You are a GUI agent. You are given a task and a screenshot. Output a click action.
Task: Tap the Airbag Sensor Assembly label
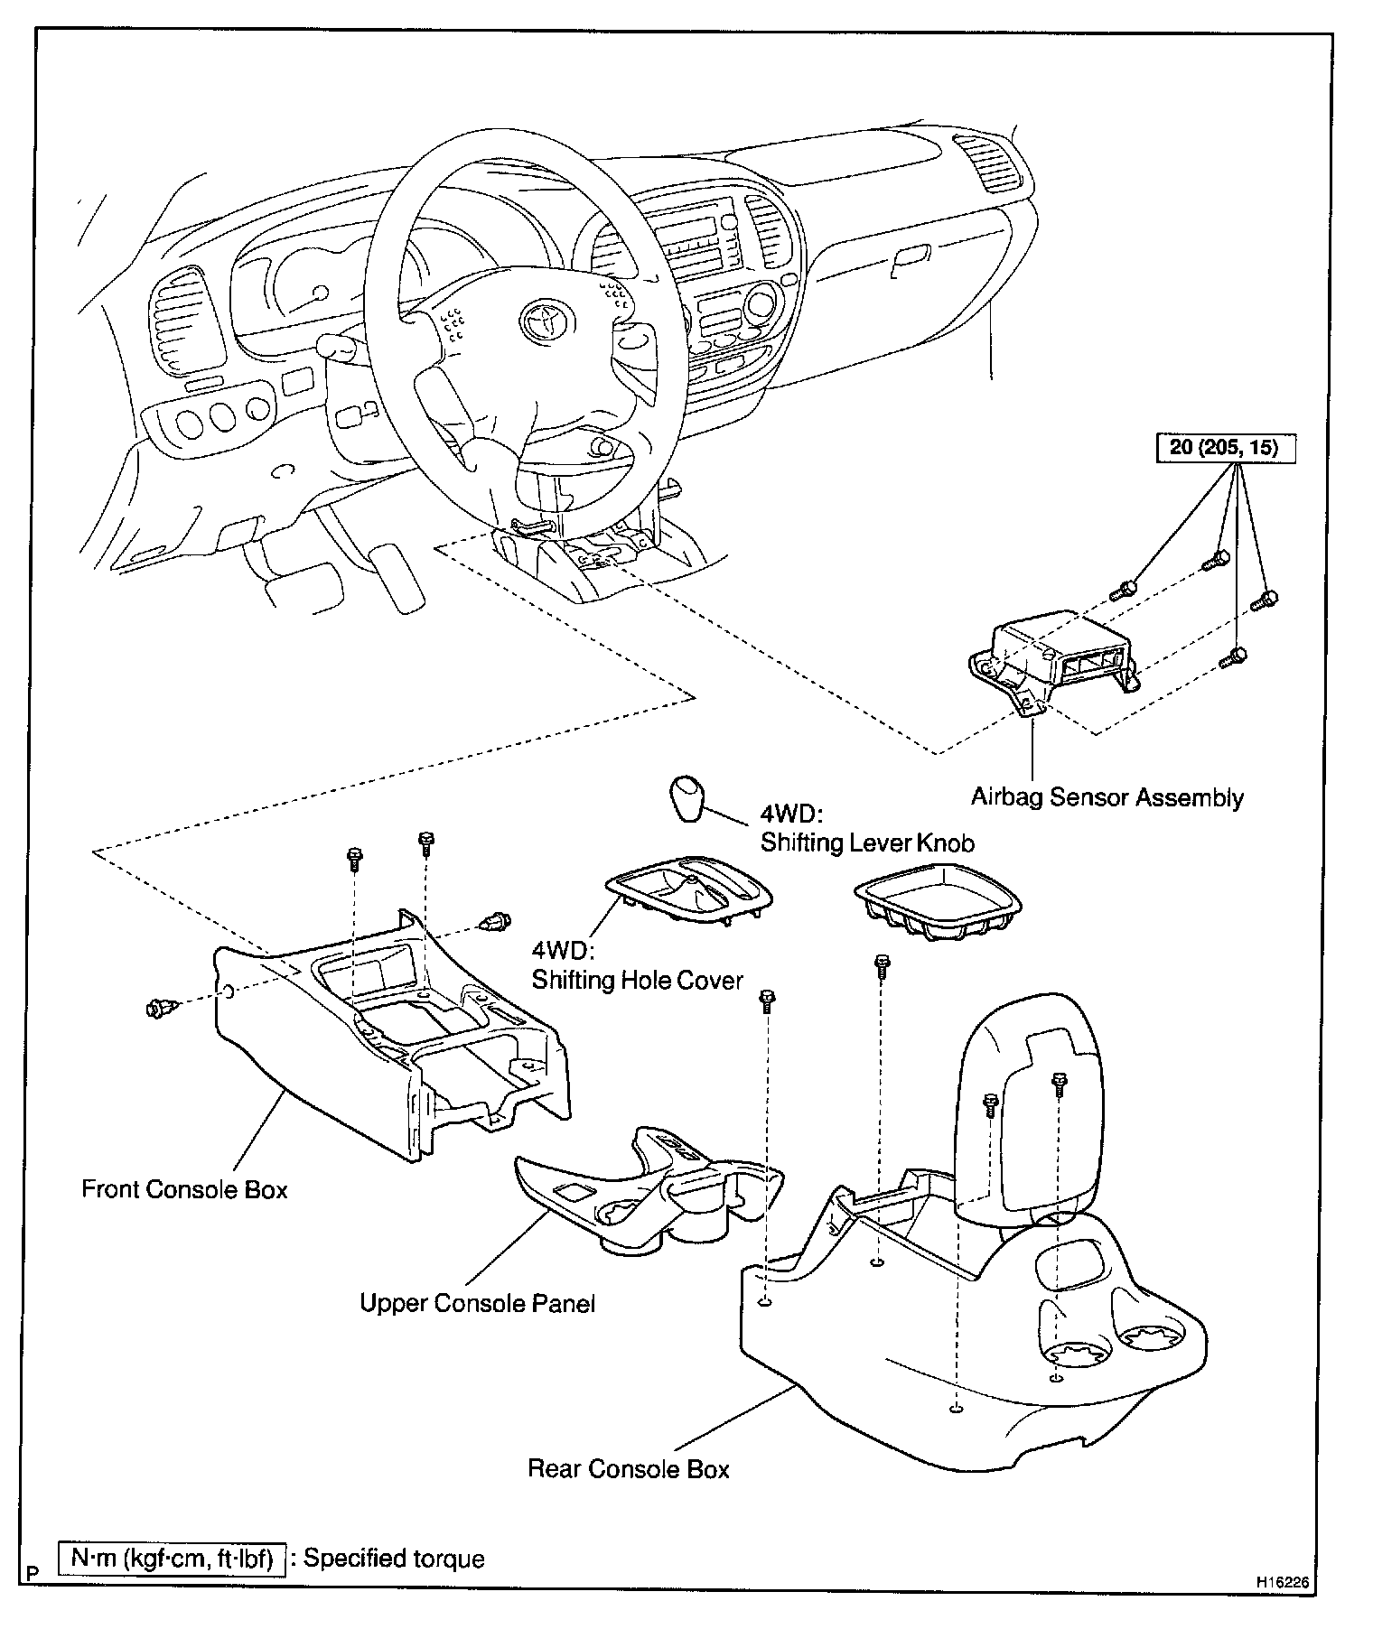point(1107,797)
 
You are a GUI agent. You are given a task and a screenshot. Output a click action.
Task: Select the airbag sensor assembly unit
point(1048,657)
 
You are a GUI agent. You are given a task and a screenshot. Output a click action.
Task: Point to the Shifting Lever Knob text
point(867,842)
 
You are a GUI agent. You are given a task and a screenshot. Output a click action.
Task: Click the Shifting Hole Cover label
point(637,980)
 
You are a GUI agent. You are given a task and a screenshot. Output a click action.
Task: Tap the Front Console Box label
point(184,1189)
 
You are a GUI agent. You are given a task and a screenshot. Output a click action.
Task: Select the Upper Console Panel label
point(477,1304)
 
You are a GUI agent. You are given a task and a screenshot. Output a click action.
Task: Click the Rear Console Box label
point(628,1469)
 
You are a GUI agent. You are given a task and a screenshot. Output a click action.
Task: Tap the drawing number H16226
point(1280,1582)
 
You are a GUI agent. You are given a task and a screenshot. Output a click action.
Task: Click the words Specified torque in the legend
point(394,1559)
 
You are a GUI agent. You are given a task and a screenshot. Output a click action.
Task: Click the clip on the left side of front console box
point(160,1006)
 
